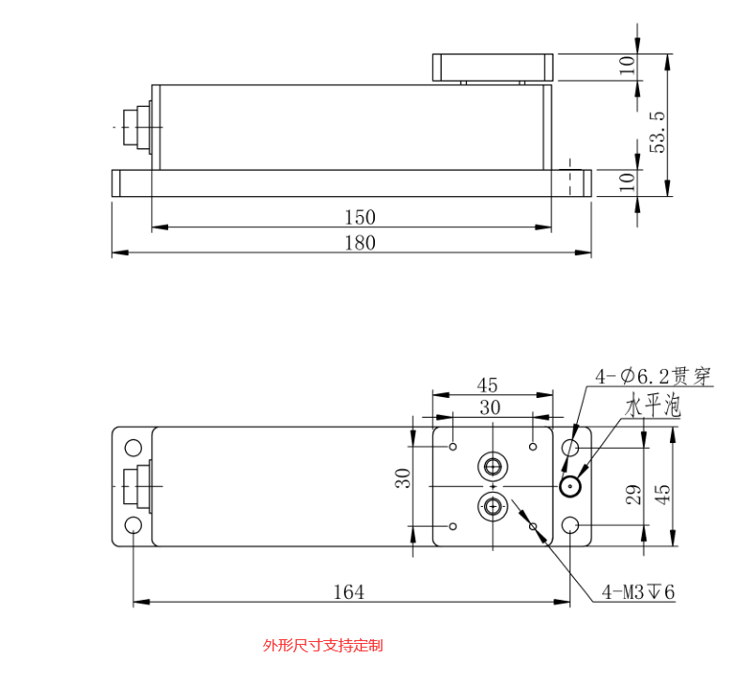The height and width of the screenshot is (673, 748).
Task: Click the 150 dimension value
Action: pyautogui.click(x=359, y=217)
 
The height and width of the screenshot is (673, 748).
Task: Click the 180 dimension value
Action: pyautogui.click(x=359, y=243)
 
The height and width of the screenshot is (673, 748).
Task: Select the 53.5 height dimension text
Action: pyautogui.click(x=658, y=131)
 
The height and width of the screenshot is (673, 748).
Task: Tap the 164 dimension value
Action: pyautogui.click(x=348, y=591)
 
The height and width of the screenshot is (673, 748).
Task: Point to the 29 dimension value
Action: pyautogui.click(x=631, y=495)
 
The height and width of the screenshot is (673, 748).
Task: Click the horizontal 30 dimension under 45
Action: pyautogui.click(x=490, y=407)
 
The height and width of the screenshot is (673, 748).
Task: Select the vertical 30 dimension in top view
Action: pyautogui.click(x=403, y=479)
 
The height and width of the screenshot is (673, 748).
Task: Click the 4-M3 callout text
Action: pyautogui.click(x=638, y=592)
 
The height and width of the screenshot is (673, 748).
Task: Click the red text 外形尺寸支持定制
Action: pyautogui.click(x=322, y=645)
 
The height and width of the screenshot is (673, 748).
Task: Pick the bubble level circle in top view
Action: pyautogui.click(x=569, y=486)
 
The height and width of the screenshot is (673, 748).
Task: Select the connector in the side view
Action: pyautogui.click(x=134, y=126)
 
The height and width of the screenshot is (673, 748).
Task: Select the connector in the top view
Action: pyautogui.click(x=135, y=486)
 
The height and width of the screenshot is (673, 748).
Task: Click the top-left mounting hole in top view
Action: pyautogui.click(x=133, y=448)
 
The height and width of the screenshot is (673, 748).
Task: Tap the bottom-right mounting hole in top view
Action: pyautogui.click(x=571, y=525)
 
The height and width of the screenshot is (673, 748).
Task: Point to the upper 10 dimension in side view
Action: pyautogui.click(x=628, y=66)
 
